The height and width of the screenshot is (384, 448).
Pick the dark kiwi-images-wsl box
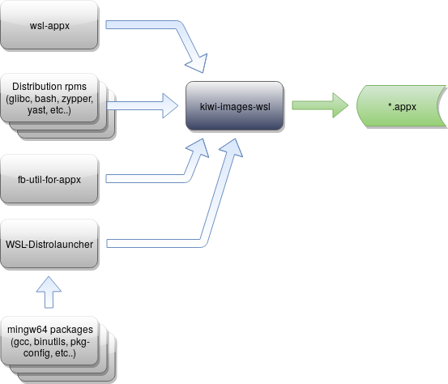pyautogui.click(x=235, y=106)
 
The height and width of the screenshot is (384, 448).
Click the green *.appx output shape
pyautogui.click(x=397, y=106)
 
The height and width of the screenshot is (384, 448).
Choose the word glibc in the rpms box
pyautogui.click(x=21, y=98)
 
